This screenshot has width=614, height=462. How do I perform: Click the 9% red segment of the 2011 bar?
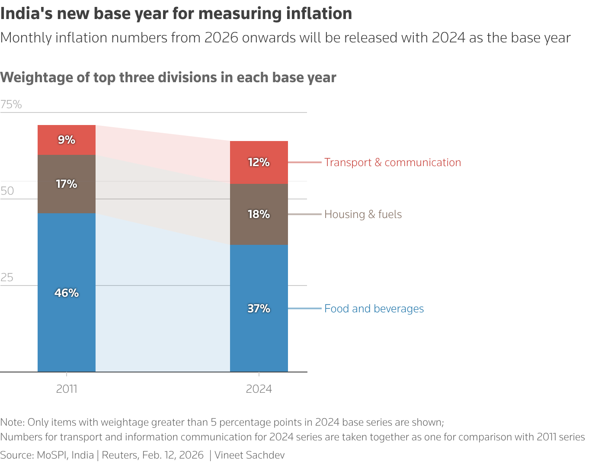click(66, 140)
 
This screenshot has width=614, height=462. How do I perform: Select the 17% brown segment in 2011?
click(66, 184)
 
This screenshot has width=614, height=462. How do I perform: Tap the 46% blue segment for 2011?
click(66, 293)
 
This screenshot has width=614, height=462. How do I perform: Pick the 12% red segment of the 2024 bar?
click(259, 162)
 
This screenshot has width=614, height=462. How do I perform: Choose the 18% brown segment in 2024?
click(259, 214)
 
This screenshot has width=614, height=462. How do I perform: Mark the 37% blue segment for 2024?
click(259, 308)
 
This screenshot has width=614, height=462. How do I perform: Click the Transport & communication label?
click(393, 162)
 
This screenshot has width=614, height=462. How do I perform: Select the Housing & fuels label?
click(363, 214)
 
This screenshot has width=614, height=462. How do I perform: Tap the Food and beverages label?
click(374, 308)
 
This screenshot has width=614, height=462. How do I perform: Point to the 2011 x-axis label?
click(67, 389)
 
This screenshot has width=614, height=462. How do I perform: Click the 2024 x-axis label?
click(259, 389)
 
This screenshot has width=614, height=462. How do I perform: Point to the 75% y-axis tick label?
click(11, 104)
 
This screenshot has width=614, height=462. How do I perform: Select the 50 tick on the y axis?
click(7, 191)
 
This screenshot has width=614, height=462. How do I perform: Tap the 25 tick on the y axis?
click(7, 277)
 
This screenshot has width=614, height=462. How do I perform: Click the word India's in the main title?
click(26, 14)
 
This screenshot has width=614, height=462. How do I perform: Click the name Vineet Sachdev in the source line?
click(249, 455)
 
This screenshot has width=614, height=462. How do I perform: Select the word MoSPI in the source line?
click(51, 455)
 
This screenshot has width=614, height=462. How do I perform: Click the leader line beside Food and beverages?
click(305, 308)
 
